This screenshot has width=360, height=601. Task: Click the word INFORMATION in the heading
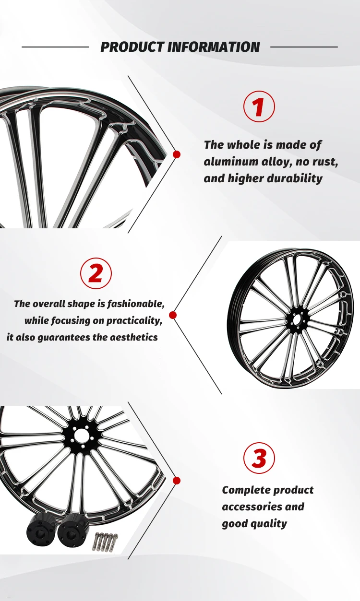click(214, 47)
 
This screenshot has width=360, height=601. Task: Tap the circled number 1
click(259, 106)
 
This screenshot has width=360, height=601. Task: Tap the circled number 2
click(96, 273)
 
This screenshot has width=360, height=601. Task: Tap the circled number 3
click(259, 458)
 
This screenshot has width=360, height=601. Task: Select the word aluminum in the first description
click(228, 162)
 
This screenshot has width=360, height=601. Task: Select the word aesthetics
click(134, 337)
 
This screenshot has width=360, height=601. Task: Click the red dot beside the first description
click(177, 154)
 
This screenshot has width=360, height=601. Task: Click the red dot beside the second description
click(173, 315)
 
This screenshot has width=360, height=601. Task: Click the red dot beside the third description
click(177, 480)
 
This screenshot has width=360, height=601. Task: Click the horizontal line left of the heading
click(55, 47)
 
